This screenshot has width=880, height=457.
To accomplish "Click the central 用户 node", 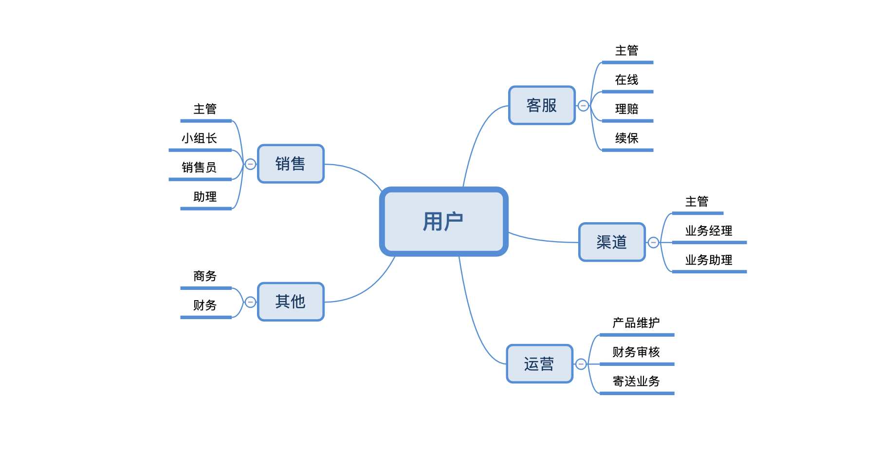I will (443, 222).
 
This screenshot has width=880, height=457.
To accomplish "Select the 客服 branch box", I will (542, 105).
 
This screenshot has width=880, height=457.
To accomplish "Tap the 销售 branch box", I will (291, 164).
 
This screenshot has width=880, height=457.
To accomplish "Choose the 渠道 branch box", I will (612, 242).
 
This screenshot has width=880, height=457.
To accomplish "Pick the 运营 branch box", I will (539, 364).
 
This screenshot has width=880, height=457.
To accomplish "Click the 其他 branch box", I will (291, 302).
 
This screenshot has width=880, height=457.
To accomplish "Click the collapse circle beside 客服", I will (583, 106).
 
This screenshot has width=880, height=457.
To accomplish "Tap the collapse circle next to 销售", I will (250, 164).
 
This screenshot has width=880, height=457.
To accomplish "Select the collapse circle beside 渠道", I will (653, 242).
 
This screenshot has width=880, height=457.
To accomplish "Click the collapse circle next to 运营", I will (581, 364).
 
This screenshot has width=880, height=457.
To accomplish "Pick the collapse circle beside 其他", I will (250, 302).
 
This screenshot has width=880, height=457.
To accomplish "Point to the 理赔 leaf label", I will (626, 109).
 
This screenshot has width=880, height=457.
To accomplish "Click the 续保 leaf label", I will (626, 138).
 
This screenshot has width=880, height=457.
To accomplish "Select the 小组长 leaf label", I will (199, 138).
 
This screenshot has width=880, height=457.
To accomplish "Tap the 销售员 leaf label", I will (199, 168).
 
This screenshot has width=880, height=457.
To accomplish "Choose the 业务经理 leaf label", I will (709, 231).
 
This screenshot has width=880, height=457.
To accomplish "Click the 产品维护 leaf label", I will (636, 323).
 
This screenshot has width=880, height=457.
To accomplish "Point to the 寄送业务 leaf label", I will (636, 381).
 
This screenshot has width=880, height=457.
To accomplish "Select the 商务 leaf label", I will (205, 276).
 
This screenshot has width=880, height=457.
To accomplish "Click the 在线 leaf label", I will (626, 80).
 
